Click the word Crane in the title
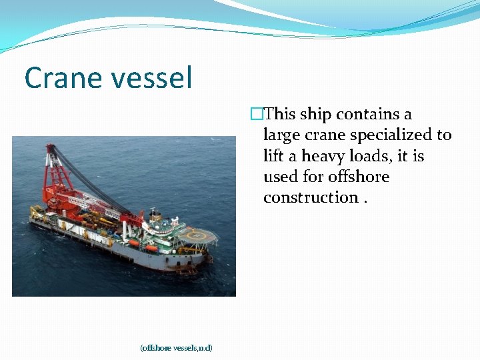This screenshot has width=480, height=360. point(61,78)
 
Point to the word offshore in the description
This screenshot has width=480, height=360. point(359,177)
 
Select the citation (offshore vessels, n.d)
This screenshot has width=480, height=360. point(176,347)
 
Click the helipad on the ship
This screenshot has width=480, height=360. point(200,234)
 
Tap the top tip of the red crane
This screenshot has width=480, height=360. point(49,147)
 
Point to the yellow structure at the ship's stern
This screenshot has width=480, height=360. point(36,212)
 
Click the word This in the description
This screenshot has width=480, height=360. point(280,115)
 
